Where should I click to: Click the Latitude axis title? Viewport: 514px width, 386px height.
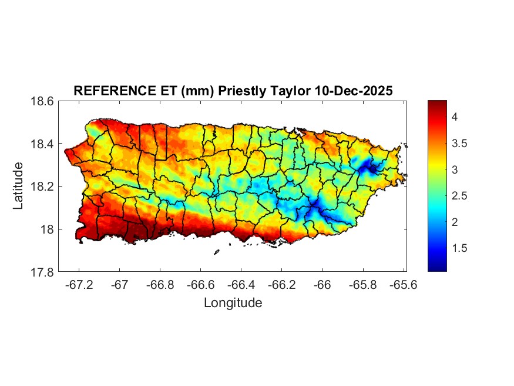point(19,186)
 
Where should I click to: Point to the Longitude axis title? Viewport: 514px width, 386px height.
point(233,303)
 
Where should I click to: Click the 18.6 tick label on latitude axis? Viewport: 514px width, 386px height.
point(42,101)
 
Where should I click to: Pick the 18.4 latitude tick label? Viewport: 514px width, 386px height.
point(42,144)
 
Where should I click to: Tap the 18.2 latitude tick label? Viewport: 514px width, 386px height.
point(42,187)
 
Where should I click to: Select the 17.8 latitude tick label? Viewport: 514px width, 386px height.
point(42,272)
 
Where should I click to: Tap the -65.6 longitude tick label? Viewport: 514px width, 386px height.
point(403,284)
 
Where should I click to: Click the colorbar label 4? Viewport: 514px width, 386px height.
point(454,117)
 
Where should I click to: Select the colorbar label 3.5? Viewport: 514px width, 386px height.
point(459,144)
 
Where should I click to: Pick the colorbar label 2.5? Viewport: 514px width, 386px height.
point(459,196)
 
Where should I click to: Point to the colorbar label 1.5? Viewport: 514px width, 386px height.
point(459,248)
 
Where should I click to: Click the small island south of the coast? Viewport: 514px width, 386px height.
point(216,252)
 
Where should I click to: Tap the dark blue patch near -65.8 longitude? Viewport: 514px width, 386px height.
point(369,168)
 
